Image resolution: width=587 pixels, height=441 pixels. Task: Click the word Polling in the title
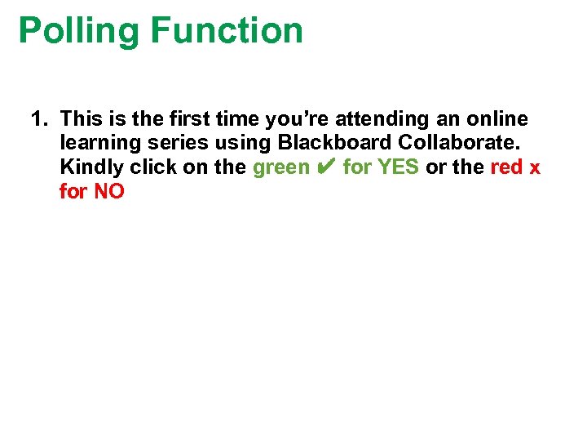click(x=79, y=31)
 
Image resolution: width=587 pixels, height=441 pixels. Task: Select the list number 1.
click(x=38, y=119)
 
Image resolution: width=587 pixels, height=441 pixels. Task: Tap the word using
click(x=242, y=144)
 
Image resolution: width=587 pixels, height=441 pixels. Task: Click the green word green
click(x=281, y=168)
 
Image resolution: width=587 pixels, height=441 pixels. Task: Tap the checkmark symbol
click(x=326, y=168)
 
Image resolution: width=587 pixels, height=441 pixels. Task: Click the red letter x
click(x=535, y=168)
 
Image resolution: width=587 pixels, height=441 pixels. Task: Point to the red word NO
click(x=108, y=193)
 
